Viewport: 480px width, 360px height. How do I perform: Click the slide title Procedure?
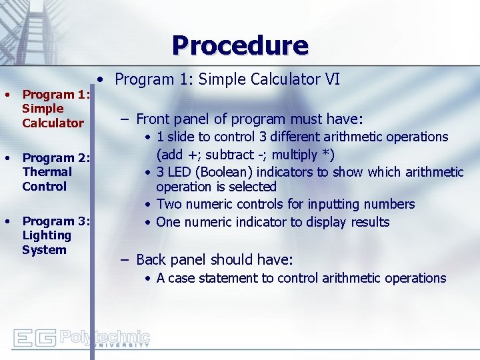pyautogui.click(x=240, y=45)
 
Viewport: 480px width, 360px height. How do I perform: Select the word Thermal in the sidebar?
pyautogui.click(x=47, y=172)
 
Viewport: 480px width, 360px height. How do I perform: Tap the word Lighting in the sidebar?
pyautogui.click(x=47, y=235)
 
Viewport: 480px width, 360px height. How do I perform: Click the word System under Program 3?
pyautogui.click(x=44, y=250)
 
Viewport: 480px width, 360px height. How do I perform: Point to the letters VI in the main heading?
pyautogui.click(x=332, y=79)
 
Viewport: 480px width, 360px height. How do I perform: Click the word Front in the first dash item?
pyautogui.click(x=153, y=119)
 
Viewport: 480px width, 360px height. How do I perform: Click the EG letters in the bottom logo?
pyautogui.click(x=35, y=338)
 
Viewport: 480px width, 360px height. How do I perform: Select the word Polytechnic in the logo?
pyautogui.click(x=105, y=335)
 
